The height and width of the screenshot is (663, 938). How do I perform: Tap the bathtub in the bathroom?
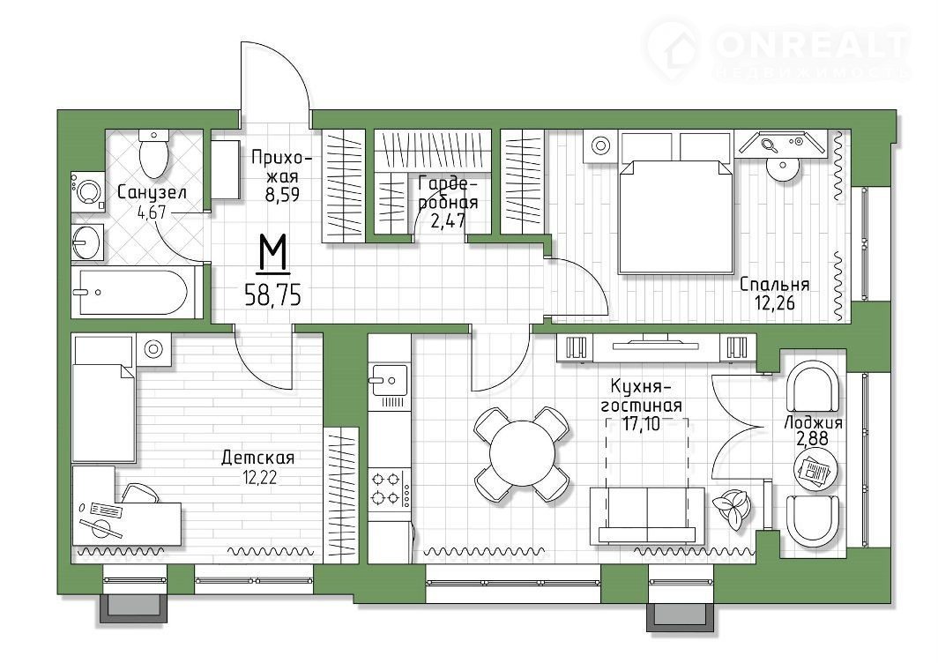(135, 292)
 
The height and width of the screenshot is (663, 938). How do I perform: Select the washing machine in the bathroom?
(88, 191)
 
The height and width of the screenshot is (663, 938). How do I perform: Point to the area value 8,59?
(282, 195)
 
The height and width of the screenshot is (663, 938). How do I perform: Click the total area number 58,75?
(272, 295)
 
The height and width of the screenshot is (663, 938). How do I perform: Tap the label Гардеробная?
(448, 191)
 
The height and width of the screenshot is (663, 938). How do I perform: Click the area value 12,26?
(774, 303)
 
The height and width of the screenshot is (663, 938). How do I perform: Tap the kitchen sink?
(388, 381)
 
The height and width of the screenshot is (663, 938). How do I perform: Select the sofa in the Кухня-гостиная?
(647, 516)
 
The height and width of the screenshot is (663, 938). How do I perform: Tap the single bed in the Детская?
(103, 398)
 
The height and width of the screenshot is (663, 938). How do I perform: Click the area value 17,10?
(642, 424)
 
